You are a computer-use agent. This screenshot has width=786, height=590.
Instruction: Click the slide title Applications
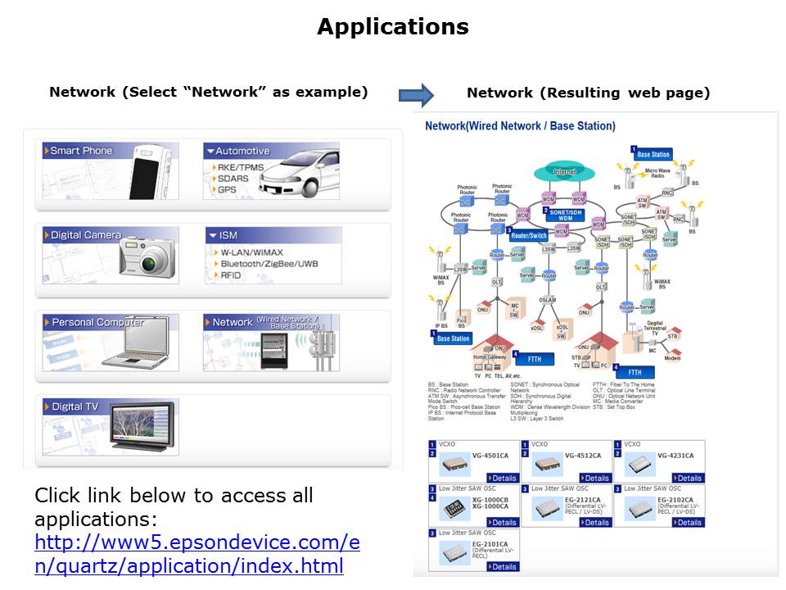tap(392, 27)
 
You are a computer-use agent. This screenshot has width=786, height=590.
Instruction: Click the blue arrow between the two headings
tap(416, 94)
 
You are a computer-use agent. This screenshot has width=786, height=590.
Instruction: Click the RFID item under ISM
tap(233, 276)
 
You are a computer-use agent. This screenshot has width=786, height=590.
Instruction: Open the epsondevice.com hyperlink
tap(196, 554)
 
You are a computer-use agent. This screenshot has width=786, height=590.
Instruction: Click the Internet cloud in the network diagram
tap(565, 172)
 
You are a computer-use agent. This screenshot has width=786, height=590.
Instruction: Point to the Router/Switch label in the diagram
tap(529, 236)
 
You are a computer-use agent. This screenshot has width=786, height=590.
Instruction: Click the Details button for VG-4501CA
tap(504, 478)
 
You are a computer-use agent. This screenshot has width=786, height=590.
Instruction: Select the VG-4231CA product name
tap(675, 456)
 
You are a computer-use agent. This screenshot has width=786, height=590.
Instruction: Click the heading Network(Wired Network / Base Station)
tap(520, 126)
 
